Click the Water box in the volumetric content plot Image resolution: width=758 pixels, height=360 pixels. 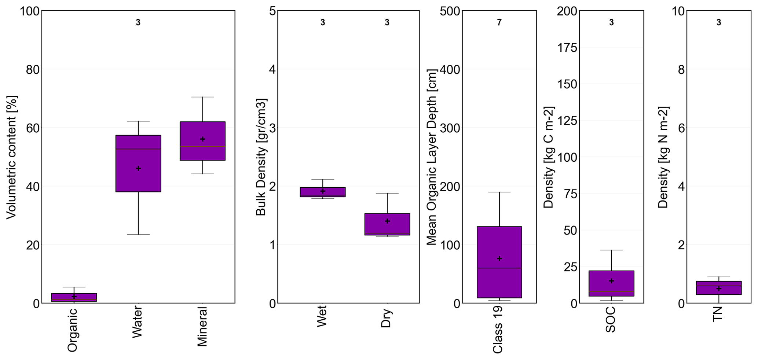(138, 163)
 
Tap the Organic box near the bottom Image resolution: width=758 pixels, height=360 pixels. (74, 297)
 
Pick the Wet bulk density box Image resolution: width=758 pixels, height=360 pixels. (322, 192)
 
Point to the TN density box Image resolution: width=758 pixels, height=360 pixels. (718, 288)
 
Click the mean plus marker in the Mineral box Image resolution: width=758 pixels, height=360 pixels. (202, 139)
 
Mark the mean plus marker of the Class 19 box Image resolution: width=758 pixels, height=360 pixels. (499, 259)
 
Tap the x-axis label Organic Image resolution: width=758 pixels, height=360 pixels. (73, 330)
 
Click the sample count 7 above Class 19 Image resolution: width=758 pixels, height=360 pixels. (499, 23)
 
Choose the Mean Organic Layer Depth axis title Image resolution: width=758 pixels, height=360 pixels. (432, 157)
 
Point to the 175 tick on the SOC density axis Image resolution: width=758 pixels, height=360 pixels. (567, 48)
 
